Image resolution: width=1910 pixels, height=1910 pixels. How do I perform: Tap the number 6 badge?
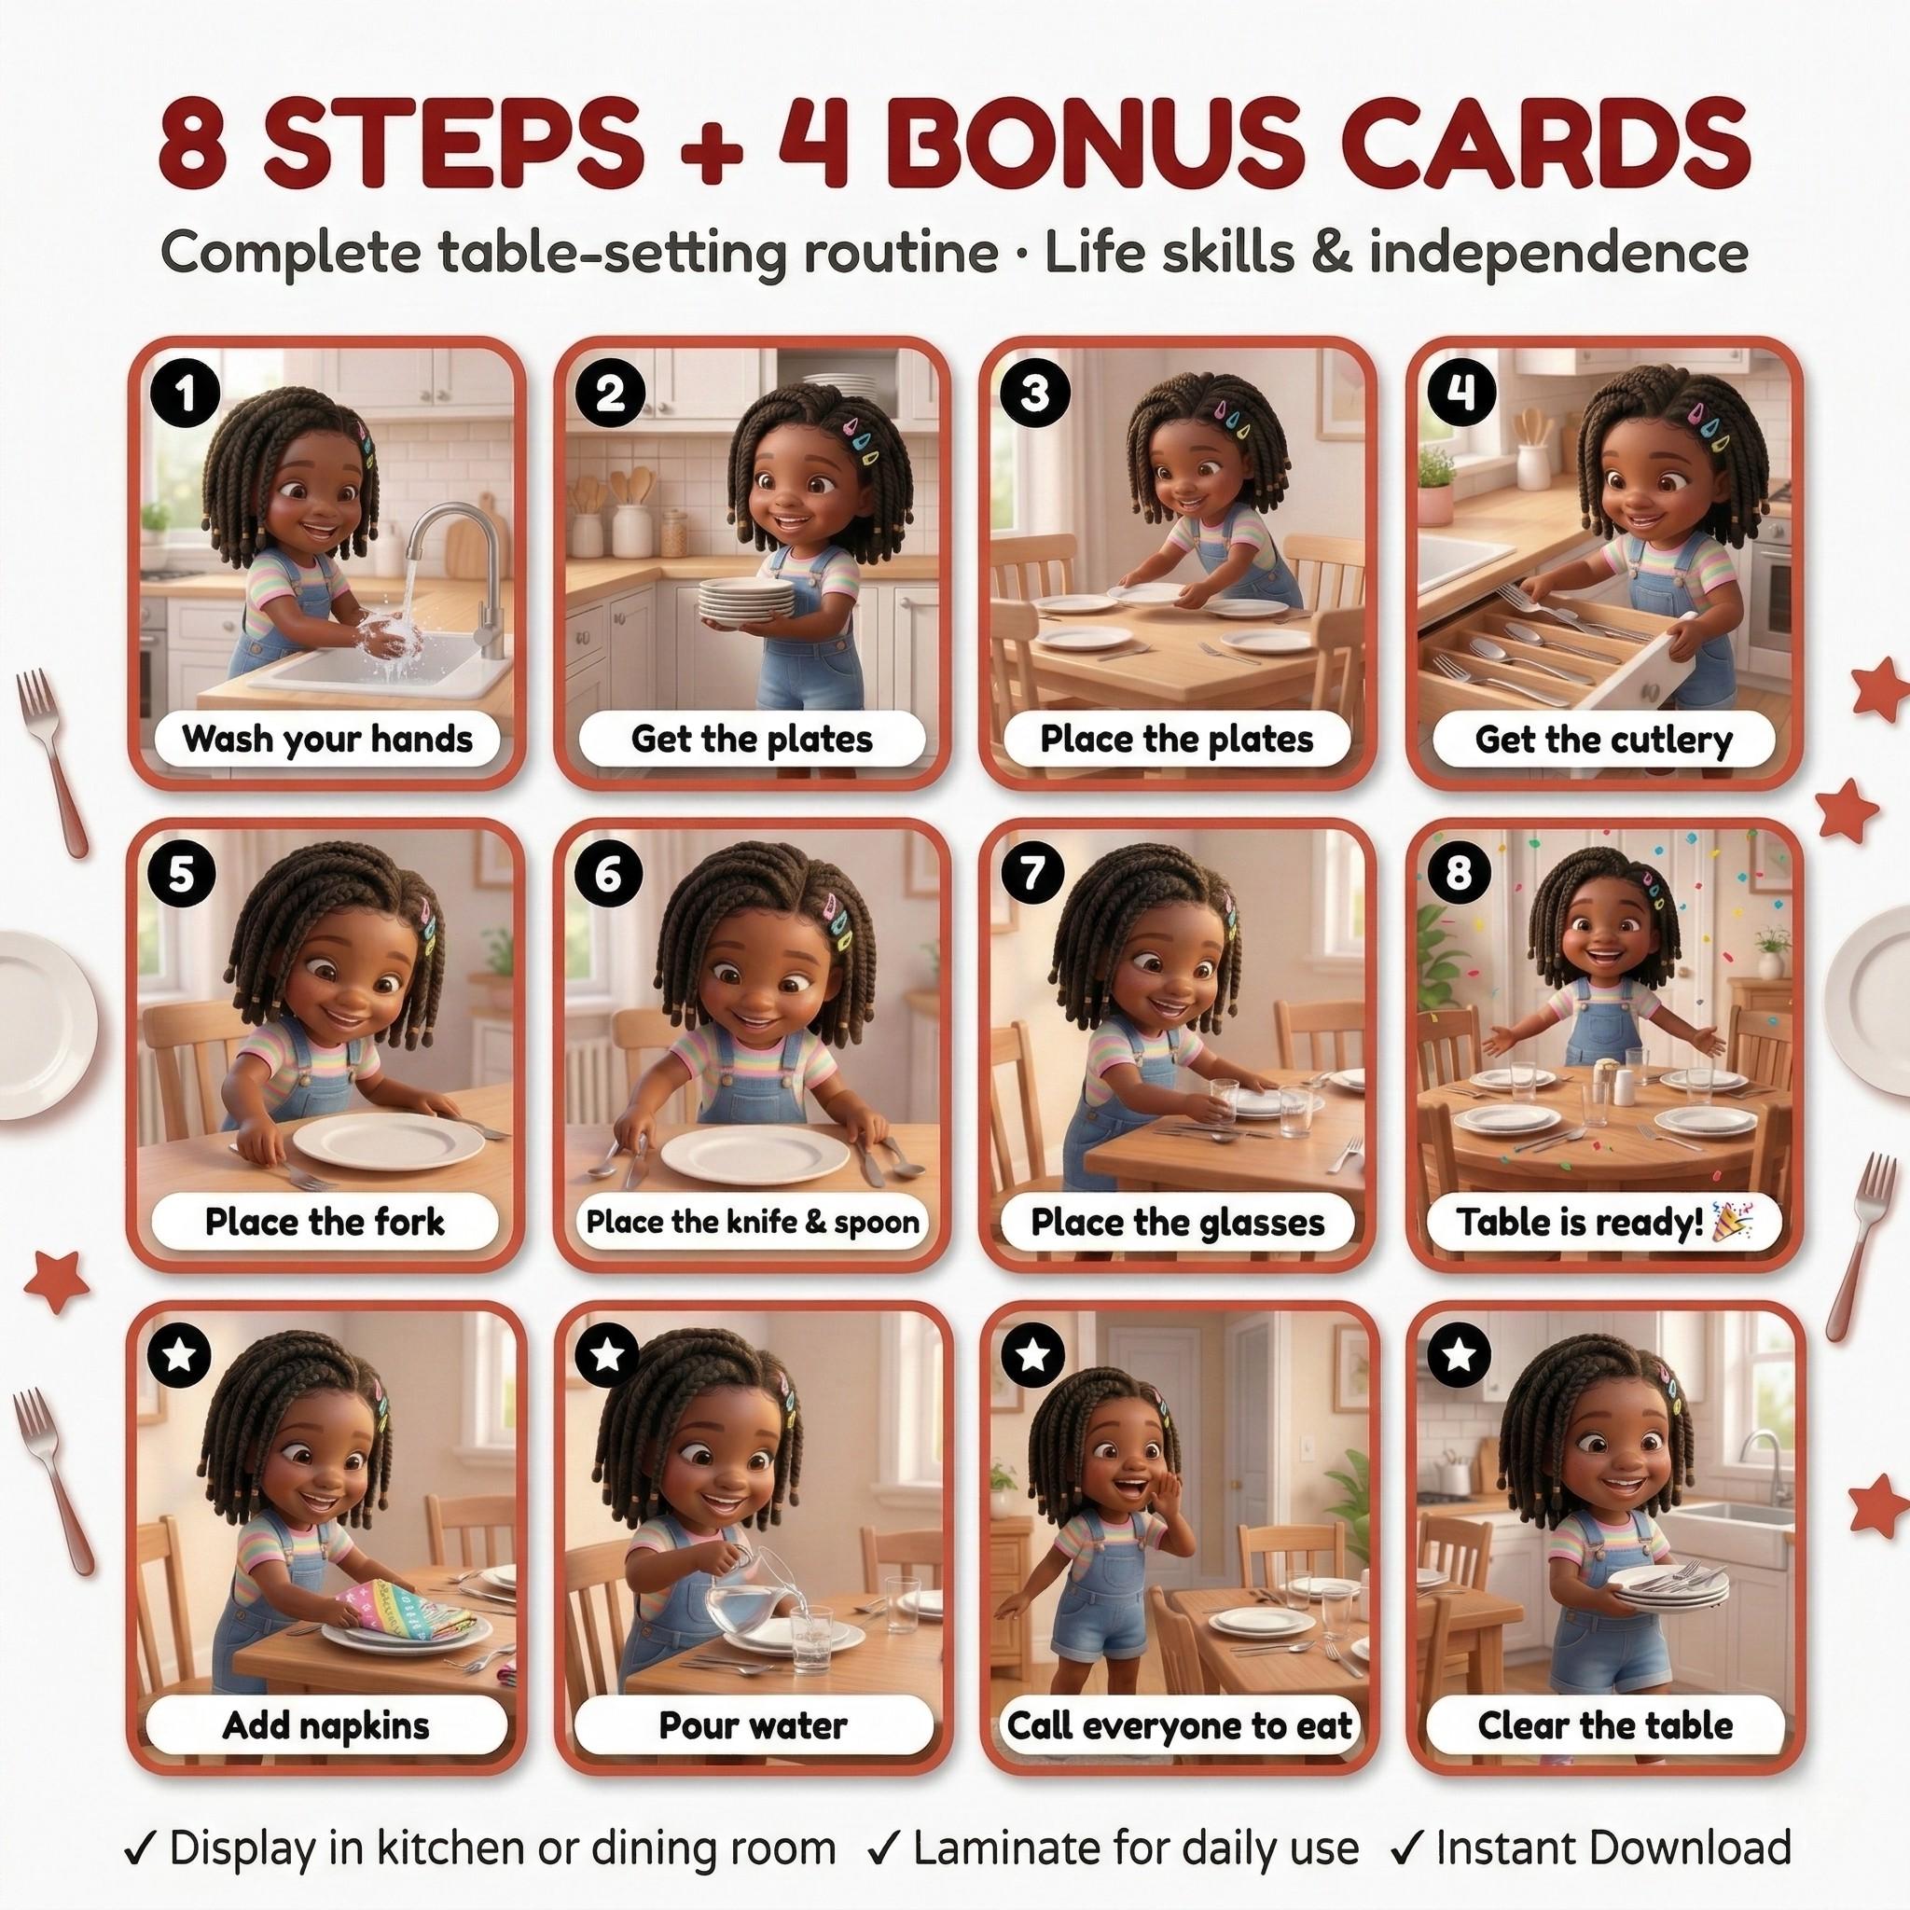(609, 875)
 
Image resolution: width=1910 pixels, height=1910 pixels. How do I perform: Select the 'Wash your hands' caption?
(327, 740)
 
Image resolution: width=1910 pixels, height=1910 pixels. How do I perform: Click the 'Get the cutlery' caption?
(1603, 740)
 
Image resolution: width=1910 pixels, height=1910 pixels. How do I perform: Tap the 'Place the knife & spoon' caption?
(753, 1223)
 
